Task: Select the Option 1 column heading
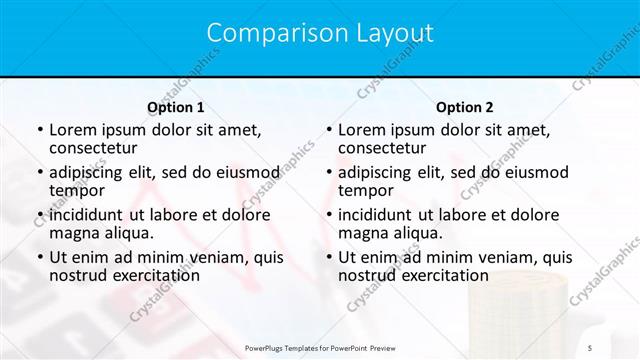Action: (x=176, y=107)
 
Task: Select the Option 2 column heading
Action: (x=465, y=107)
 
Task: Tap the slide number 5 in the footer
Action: (x=590, y=346)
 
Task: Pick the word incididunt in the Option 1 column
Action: (x=86, y=215)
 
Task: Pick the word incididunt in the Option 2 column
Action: (x=375, y=215)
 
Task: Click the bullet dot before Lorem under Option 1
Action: (x=39, y=130)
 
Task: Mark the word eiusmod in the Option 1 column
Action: (x=246, y=172)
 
